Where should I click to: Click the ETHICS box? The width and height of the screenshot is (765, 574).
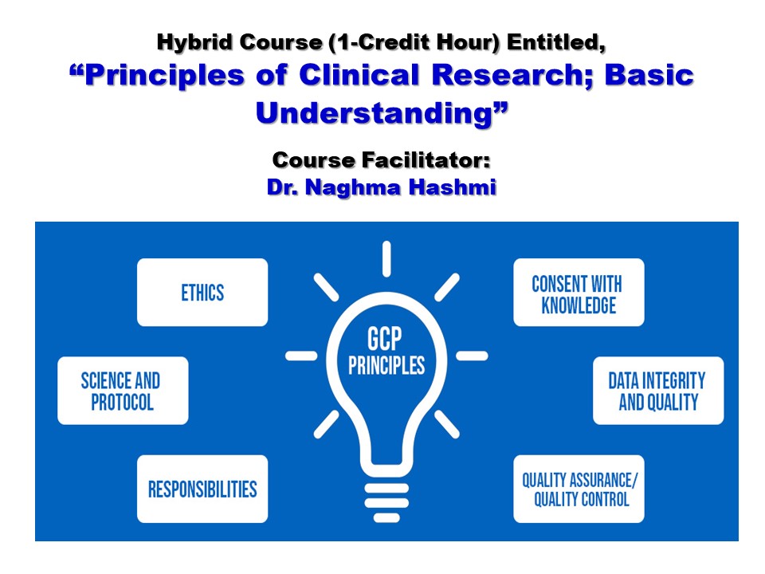pyautogui.click(x=202, y=292)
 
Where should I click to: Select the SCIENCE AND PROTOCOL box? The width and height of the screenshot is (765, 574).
pyautogui.click(x=123, y=391)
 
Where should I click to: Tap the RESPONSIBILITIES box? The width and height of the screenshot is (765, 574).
pyautogui.click(x=202, y=489)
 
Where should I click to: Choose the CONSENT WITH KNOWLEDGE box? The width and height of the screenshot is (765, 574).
pyautogui.click(x=579, y=293)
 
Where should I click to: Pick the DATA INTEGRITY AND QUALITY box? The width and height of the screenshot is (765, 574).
pyautogui.click(x=658, y=391)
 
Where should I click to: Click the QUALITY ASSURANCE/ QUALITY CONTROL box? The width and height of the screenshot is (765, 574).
pyautogui.click(x=579, y=489)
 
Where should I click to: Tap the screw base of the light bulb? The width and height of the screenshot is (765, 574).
pyautogui.click(x=386, y=487)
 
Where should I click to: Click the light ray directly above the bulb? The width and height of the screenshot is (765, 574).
pyautogui.click(x=386, y=258)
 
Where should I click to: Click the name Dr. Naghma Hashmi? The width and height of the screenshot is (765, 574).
pyautogui.click(x=382, y=190)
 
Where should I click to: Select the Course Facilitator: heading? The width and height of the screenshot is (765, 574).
pyautogui.click(x=382, y=160)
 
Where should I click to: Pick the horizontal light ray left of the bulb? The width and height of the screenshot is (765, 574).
pyautogui.click(x=301, y=356)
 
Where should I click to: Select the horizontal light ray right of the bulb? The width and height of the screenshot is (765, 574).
pyautogui.click(x=471, y=356)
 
